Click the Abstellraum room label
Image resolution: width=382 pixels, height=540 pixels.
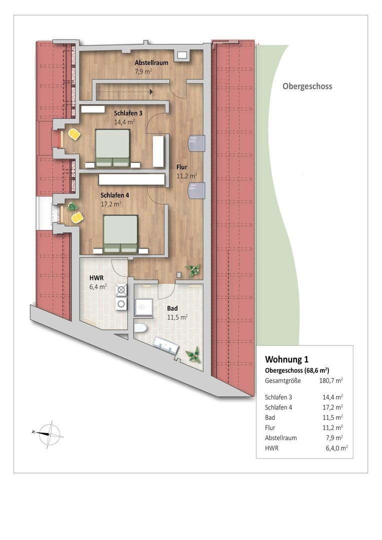click(151, 63)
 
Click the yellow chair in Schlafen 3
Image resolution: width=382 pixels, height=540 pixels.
click(74, 134)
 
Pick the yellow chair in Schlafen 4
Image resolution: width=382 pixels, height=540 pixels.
click(77, 217)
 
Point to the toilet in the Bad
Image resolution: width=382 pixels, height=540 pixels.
click(139, 328)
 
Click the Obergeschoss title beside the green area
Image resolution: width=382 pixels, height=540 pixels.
click(307, 86)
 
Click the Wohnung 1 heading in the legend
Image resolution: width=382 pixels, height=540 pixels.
click(286, 359)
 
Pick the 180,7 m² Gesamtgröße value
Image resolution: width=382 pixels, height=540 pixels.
click(331, 381)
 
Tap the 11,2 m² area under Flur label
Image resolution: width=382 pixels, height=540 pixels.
click(186, 176)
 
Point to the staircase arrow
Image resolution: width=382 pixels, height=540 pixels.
click(150, 91)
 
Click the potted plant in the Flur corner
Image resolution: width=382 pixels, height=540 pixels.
click(192, 270)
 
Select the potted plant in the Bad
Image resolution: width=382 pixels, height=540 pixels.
click(192, 355)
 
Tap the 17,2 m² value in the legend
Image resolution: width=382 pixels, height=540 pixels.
click(332, 407)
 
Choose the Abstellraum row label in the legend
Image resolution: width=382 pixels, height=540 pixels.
click(280, 438)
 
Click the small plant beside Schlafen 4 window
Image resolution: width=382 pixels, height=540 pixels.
click(72, 206)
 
